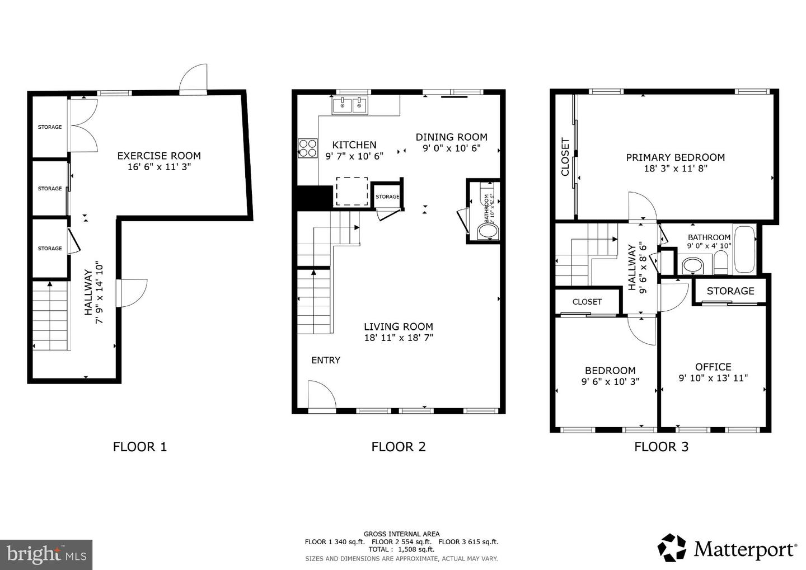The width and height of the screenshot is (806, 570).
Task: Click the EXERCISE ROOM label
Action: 158,156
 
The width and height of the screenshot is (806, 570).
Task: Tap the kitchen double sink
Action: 349,105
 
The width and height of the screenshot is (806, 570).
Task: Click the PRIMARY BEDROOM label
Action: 675,157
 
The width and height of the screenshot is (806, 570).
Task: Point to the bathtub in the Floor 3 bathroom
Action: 744,250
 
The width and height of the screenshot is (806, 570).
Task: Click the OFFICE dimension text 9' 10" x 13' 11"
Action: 713,378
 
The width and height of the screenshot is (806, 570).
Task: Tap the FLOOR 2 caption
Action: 399,446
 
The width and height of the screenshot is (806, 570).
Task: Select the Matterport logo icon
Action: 672,548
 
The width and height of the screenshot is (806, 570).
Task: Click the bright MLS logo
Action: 46,554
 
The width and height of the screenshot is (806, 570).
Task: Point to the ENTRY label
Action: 326,360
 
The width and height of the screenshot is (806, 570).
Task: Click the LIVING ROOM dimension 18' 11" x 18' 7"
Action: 399,338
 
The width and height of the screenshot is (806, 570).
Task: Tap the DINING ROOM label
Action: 451,137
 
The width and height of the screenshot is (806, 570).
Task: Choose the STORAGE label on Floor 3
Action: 730,291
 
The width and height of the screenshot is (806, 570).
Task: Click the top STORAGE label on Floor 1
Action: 50,127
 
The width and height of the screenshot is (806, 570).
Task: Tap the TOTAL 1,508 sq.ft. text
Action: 401,549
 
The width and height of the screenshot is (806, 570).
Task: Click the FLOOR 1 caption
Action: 140,446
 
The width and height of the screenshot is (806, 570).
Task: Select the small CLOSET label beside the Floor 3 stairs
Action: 587,302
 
